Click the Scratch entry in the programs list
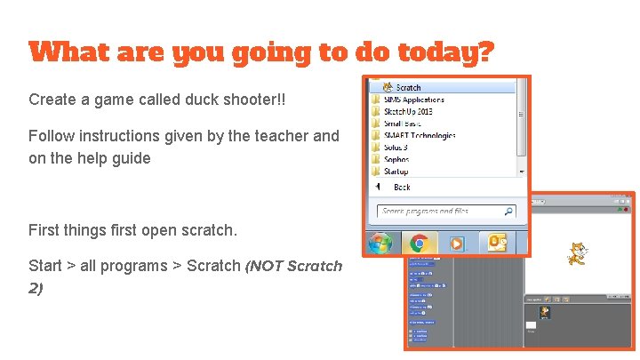tap(407, 87)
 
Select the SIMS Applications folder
tap(413, 100)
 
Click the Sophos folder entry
tap(396, 159)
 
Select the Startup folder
tap(396, 171)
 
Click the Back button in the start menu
tap(401, 187)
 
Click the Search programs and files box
tap(440, 212)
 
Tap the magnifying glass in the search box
tap(508, 212)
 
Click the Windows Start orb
tap(381, 243)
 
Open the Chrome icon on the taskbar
tap(418, 243)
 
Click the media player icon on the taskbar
tap(454, 243)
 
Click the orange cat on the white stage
tap(577, 254)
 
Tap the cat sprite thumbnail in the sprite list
tap(545, 312)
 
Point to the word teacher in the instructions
tap(284, 136)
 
